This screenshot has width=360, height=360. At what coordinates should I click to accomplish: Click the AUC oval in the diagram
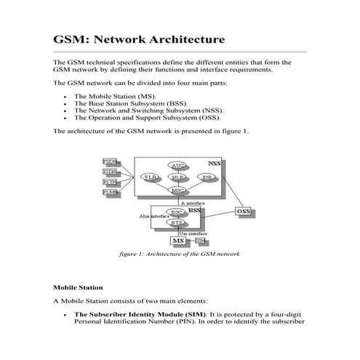click(177, 166)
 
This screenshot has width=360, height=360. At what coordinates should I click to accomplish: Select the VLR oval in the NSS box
click(149, 177)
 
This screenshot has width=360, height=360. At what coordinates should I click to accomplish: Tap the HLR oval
click(177, 177)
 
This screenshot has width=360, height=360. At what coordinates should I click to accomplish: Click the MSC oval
click(177, 190)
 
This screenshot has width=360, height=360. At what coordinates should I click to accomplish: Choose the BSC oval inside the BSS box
click(176, 212)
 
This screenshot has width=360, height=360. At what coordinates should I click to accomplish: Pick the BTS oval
click(176, 223)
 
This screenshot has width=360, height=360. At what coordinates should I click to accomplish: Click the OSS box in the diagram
click(245, 212)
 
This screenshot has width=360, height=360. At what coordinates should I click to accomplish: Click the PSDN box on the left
click(110, 161)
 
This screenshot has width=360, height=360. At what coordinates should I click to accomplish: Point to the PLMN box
click(110, 192)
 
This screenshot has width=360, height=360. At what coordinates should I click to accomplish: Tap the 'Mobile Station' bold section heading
click(78, 287)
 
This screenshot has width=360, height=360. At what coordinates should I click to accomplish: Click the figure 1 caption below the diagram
click(179, 255)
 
